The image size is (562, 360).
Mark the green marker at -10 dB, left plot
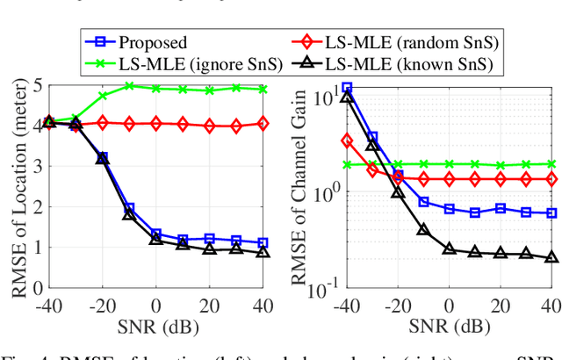(x=129, y=86)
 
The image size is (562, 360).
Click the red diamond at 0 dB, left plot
(x=156, y=124)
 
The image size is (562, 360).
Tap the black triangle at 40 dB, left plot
(x=263, y=253)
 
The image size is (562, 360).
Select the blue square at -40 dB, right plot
(x=347, y=88)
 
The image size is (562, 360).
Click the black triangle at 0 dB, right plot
(x=450, y=249)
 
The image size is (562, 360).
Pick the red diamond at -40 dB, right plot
(x=347, y=140)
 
